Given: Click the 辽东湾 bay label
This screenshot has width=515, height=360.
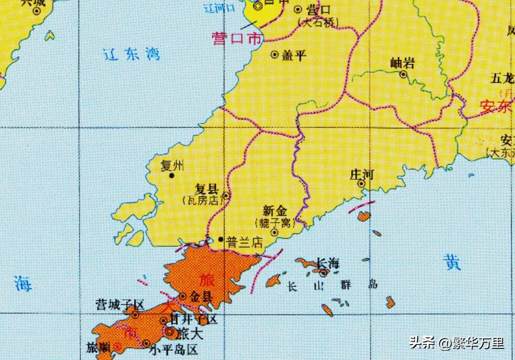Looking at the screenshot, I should point(132,54).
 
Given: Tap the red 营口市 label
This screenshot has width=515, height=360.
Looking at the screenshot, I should point(236,39).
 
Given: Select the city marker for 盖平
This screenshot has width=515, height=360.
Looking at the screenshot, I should point(274,55).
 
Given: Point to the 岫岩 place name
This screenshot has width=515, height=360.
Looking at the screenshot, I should point(403,63).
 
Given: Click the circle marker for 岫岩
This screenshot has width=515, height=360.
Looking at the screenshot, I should point(403,75).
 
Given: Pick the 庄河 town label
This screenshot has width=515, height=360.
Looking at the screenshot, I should point(362,174).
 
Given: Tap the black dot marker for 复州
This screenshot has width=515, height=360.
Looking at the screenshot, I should point(171,176).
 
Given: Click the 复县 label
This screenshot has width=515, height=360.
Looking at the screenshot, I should point(206,189).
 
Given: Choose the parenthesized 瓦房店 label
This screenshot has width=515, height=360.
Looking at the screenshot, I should point(202,199).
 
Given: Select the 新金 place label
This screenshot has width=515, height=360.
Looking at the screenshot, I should point(275,211).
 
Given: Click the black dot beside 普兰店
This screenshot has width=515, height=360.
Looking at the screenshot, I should point(221,239).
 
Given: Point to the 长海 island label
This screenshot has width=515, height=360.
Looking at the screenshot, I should point(328,263).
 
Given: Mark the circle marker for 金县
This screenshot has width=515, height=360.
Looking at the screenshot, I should point(183,297).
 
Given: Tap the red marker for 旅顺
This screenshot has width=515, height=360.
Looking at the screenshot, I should point(117,346).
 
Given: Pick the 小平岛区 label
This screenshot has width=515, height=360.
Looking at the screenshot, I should point(174,349).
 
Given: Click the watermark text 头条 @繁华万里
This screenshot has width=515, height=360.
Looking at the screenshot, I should point(456,343).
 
